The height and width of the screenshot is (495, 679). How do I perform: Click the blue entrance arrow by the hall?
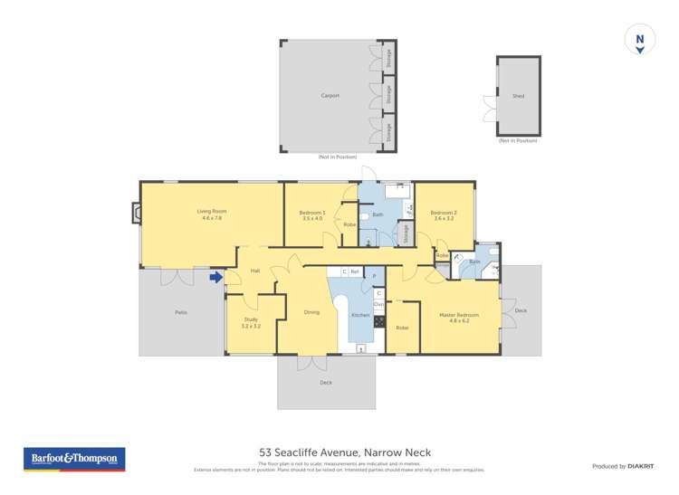pyautogui.click(x=216, y=278)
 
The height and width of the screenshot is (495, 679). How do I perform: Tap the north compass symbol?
pyautogui.click(x=639, y=41)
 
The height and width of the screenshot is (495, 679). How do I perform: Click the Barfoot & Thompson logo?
pyautogui.click(x=74, y=459)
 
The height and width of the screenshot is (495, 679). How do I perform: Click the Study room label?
pyautogui.click(x=251, y=322)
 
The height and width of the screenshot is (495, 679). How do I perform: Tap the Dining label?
pyautogui.click(x=311, y=312)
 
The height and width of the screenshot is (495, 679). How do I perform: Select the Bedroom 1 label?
pyautogui.click(x=312, y=214)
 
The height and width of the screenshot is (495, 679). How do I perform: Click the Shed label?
pyautogui.click(x=518, y=96)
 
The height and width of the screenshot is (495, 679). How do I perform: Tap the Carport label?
pyautogui.click(x=330, y=95)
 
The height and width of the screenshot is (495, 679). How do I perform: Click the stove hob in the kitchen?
pyautogui.click(x=378, y=321)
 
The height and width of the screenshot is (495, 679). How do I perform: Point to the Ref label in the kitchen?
pyautogui.click(x=355, y=271)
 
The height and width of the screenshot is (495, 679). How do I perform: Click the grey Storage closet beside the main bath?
pyautogui.click(x=406, y=233)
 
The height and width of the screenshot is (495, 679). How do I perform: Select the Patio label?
pyautogui.click(x=181, y=312)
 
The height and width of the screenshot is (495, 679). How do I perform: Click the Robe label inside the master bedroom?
pyautogui.click(x=402, y=328)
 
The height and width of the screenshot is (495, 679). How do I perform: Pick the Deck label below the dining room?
pyautogui.click(x=326, y=382)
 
